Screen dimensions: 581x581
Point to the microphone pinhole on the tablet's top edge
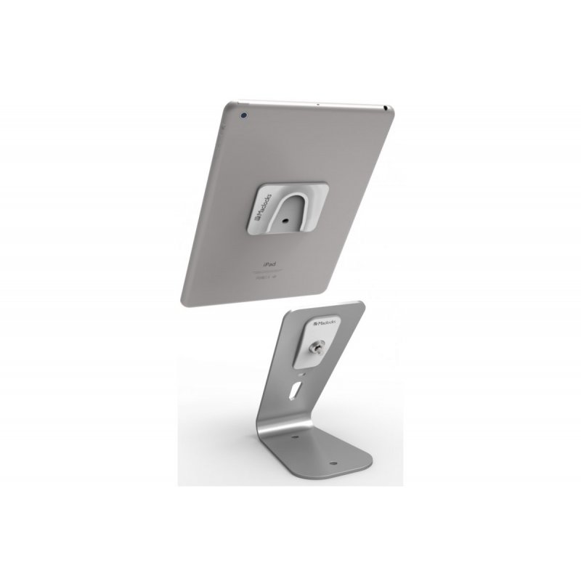coord(317,105)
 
